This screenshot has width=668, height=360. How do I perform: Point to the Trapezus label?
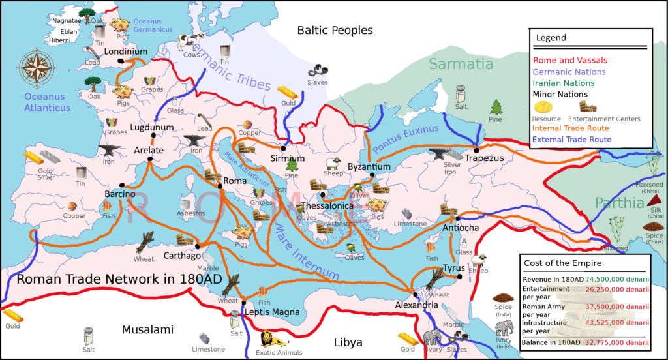pyautogui.click(x=485, y=158)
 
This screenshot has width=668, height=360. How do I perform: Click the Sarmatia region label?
pyautogui.click(x=461, y=64)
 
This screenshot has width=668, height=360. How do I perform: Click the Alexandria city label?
pyautogui.click(x=417, y=305)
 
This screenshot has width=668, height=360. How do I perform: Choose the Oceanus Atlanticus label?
pyautogui.click(x=47, y=102)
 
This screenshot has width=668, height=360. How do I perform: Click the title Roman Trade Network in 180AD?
pyautogui.click(x=119, y=279)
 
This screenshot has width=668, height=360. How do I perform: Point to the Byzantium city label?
pyautogui.click(x=369, y=167)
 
